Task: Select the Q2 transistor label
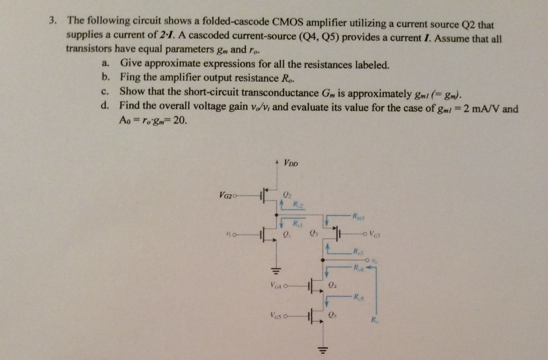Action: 287,194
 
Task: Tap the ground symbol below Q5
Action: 322,351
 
